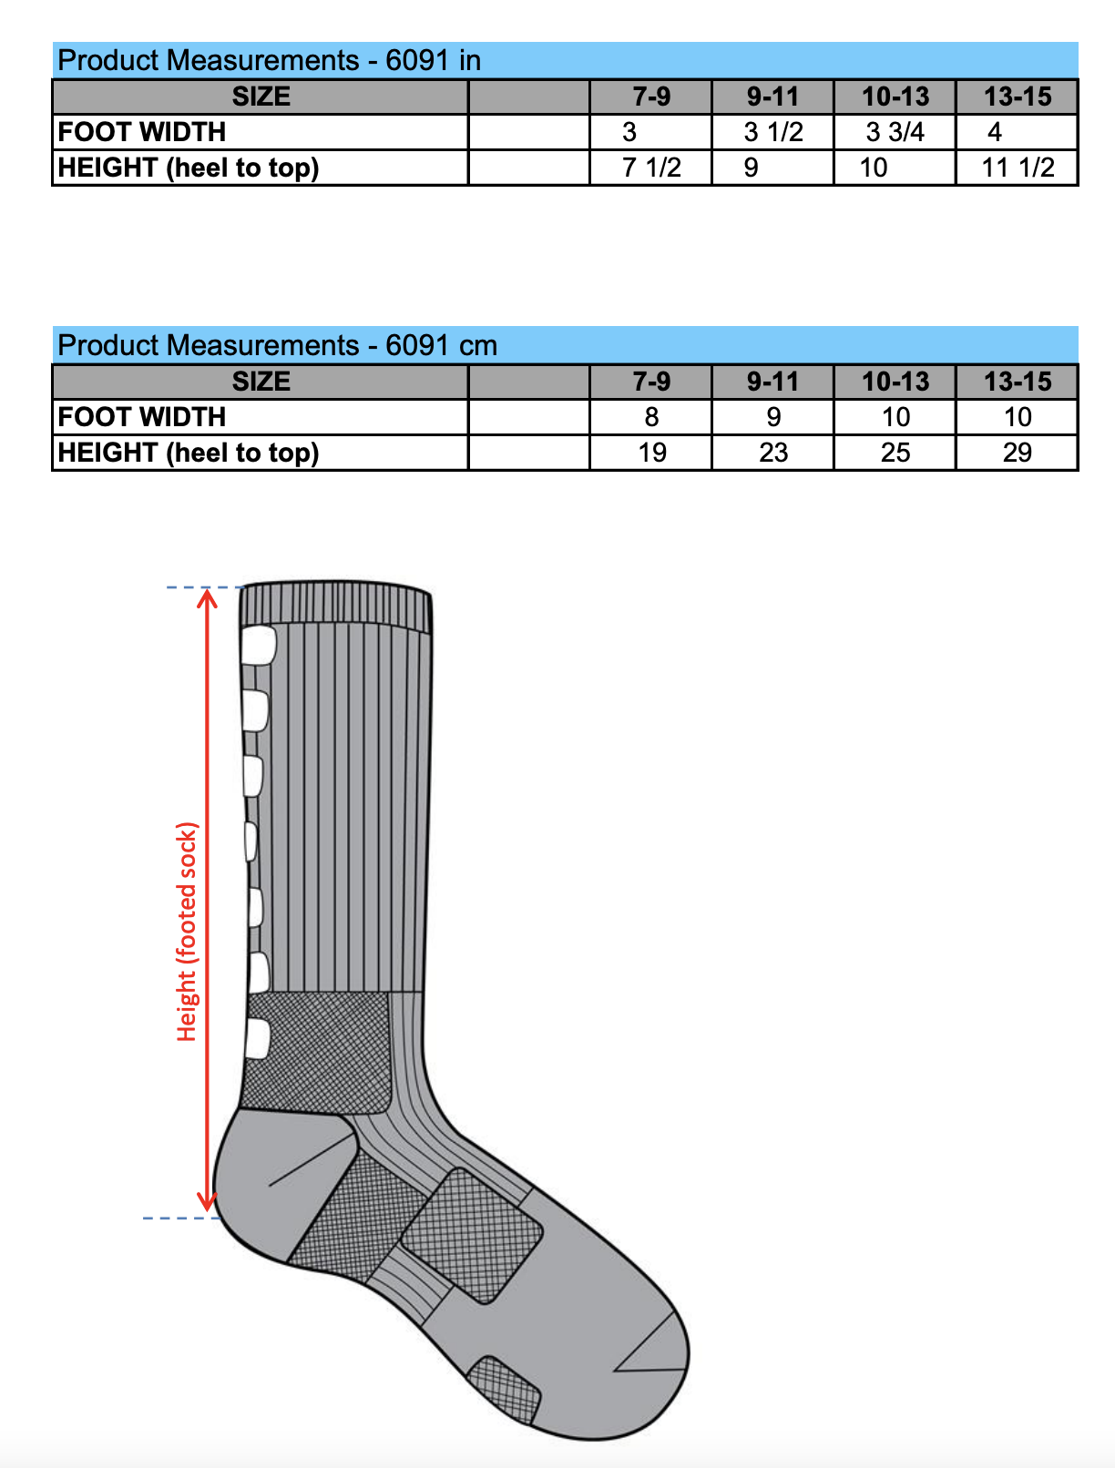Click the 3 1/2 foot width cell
coord(772,132)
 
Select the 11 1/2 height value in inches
coord(1017,168)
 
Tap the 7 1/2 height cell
coord(650,168)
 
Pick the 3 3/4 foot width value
coord(895,132)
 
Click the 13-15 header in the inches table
coord(1018,97)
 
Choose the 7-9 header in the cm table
coord(651,382)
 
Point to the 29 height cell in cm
coord(1017,452)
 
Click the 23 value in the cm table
coord(773,452)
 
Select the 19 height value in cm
coord(651,452)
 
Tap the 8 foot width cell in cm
coord(651,417)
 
